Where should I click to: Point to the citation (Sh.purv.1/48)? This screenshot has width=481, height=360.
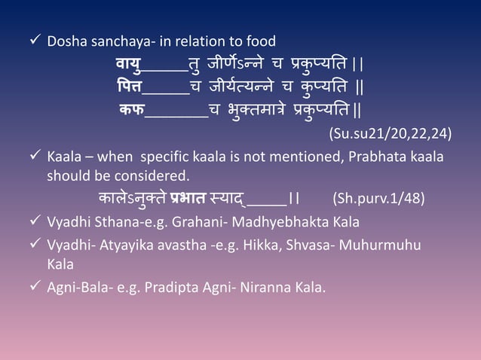(378, 200)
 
